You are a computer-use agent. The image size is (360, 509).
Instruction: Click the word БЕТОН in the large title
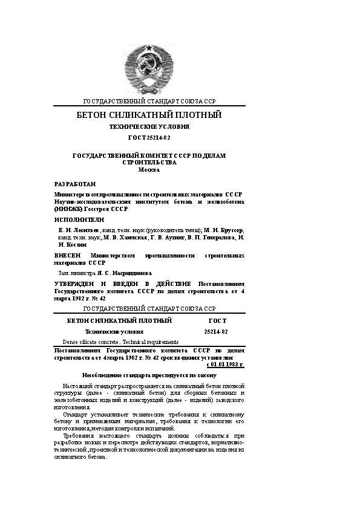tap(91, 115)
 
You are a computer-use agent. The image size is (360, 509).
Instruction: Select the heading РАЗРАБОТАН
tap(75, 183)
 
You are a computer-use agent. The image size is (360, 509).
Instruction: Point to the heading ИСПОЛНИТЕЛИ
tap(79, 219)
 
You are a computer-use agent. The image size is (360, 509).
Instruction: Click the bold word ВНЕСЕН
tap(68, 256)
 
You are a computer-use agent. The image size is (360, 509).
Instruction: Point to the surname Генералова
tap(215, 239)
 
